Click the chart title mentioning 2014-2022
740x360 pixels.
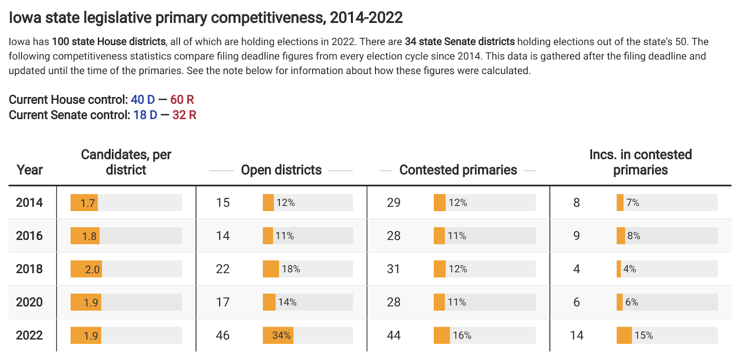[206, 18]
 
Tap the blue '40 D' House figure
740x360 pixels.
[142, 99]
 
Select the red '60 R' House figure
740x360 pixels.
[182, 99]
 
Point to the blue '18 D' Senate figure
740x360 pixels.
[145, 115]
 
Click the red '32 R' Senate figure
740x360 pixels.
[185, 115]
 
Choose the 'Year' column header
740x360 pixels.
[30, 170]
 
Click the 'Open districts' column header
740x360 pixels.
[281, 170]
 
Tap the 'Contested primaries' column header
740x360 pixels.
[458, 170]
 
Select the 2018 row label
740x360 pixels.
[29, 269]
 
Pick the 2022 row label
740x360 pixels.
[29, 335]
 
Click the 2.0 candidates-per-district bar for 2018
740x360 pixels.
[86, 269]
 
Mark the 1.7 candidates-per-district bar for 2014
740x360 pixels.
[84, 203]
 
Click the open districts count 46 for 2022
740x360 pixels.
[222, 335]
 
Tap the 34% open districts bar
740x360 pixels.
[278, 335]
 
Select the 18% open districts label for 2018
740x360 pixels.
[291, 269]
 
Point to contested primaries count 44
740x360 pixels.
[394, 335]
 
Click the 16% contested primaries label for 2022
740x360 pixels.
[462, 335]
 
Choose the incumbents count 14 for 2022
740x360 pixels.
[576, 335]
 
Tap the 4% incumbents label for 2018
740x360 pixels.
[629, 269]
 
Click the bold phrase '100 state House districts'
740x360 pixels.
[109, 42]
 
